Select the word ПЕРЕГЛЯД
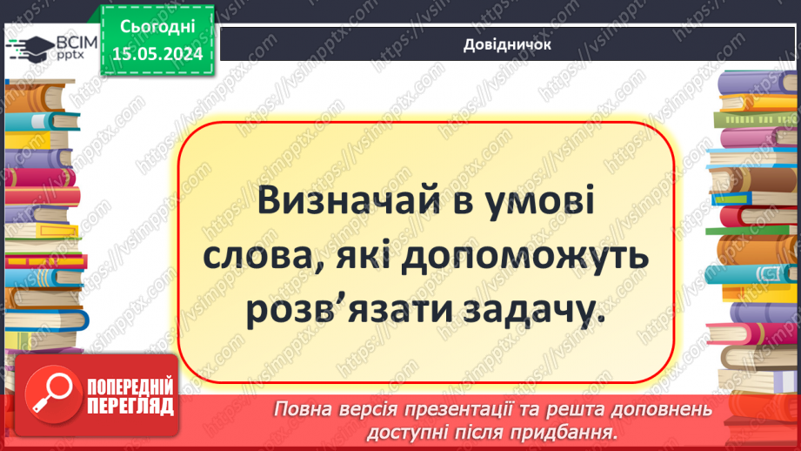pos(130,406)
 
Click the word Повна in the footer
pos(300,409)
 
